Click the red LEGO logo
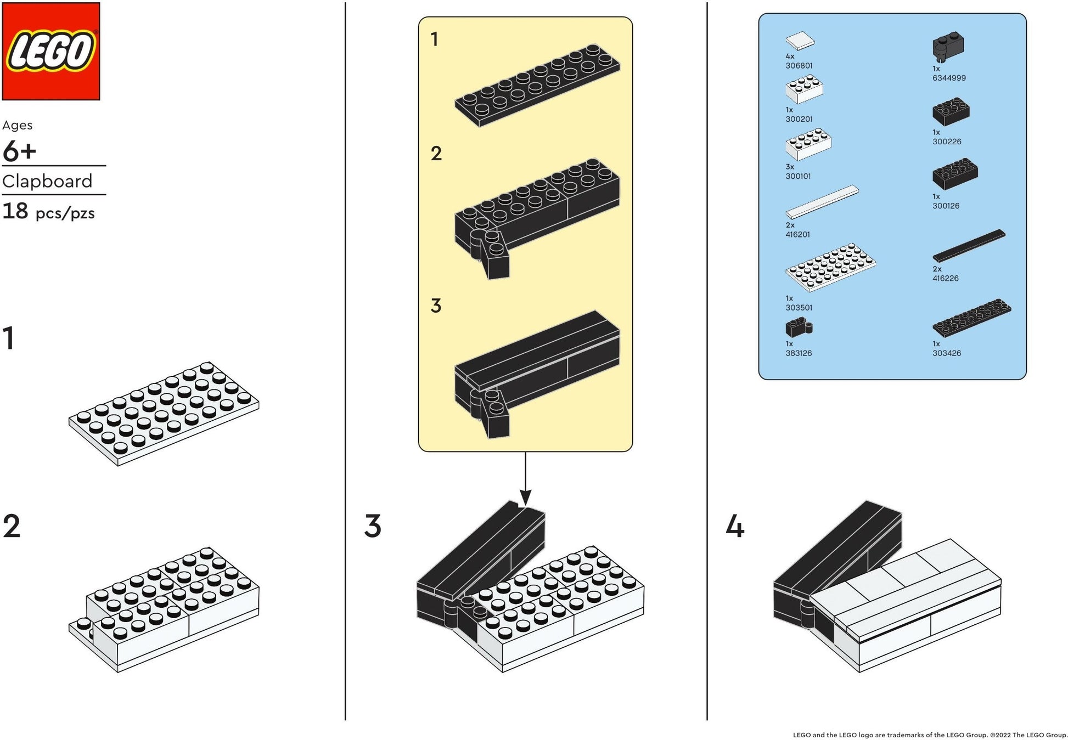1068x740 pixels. tap(51, 51)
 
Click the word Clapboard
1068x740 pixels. tap(47, 181)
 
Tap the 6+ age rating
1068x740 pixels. tap(19, 151)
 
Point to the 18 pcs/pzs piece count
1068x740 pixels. tap(48, 212)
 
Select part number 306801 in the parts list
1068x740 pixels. tap(799, 66)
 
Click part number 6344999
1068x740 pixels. tap(948, 78)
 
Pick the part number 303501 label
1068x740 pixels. tap(799, 308)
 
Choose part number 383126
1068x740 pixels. tap(798, 353)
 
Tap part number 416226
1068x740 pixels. tap(945, 278)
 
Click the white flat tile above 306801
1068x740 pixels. tap(800, 41)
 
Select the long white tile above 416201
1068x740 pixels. tap(822, 201)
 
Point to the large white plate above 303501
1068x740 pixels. tap(830, 266)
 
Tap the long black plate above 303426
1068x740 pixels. tap(971, 318)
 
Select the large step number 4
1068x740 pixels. tap(735, 527)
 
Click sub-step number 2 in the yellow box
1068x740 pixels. tap(436, 154)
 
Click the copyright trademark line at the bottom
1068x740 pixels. tap(930, 735)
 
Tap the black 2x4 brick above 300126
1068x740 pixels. tap(955, 174)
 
